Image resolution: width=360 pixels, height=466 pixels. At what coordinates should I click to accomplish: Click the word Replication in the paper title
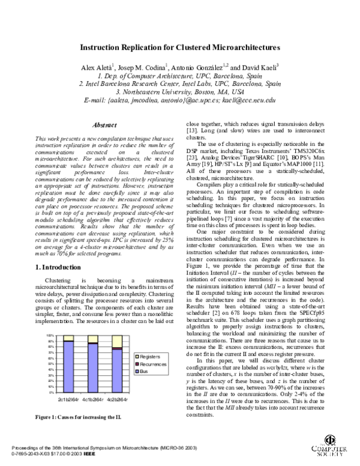point(144,47)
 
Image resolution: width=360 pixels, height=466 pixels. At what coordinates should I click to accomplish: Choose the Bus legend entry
point(146,371)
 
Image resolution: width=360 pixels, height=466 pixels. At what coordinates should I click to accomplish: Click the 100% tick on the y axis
point(51,336)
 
